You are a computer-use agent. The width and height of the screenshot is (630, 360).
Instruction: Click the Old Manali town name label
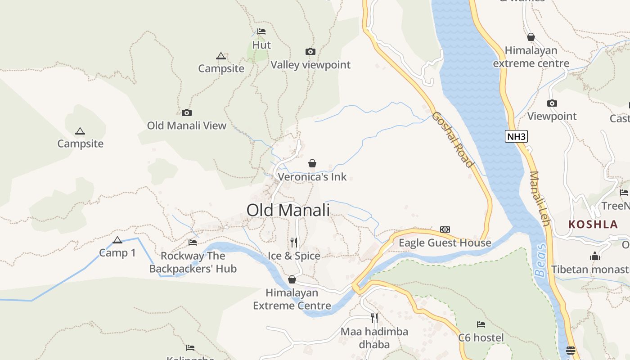coord(288,210)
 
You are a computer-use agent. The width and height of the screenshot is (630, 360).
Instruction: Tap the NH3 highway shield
coord(516,136)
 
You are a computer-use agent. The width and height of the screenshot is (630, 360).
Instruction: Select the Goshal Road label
coord(453,139)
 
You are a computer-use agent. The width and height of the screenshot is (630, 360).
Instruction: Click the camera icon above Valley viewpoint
coord(310,51)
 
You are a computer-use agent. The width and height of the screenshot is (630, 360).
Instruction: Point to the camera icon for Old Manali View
coord(187,112)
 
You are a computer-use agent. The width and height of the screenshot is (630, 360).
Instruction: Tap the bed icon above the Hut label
coord(261,31)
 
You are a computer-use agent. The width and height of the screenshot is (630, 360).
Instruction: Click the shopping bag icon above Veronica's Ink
coord(312,163)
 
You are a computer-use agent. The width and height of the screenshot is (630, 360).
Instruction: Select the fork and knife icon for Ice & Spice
coord(294,243)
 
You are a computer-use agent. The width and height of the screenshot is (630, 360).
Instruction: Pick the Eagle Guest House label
coord(445,243)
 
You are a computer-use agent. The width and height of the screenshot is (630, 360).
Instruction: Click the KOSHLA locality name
coord(593,225)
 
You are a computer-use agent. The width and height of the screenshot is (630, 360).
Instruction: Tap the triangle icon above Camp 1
coord(117,240)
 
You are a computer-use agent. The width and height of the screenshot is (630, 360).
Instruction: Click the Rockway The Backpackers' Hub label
coord(193,262)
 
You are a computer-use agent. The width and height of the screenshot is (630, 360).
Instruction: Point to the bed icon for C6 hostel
coord(481,324)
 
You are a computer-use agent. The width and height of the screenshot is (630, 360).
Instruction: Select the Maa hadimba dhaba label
coord(374,338)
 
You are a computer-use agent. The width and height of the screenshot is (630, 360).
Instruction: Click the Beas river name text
coord(540,260)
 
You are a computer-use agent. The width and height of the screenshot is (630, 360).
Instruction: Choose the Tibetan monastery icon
coord(595,256)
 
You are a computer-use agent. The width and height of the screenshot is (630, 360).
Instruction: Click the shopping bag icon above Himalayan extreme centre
coord(531,37)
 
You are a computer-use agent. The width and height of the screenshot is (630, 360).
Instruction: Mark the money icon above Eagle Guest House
coord(445,229)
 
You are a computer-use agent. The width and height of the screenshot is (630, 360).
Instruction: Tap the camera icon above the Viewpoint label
coord(552,103)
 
